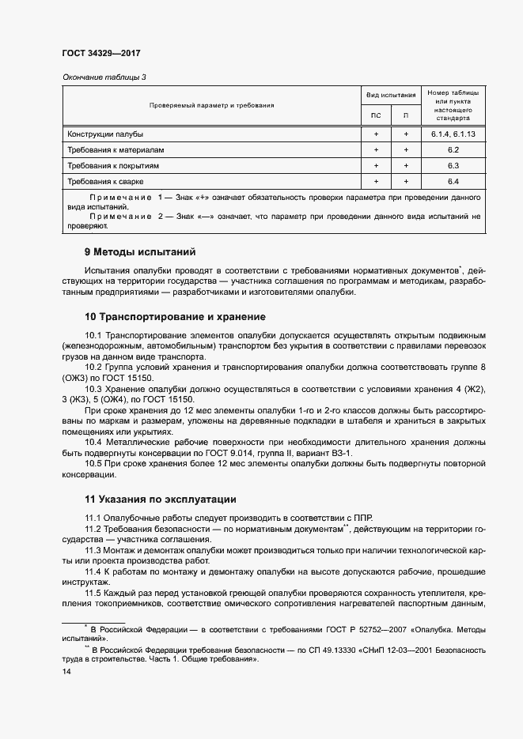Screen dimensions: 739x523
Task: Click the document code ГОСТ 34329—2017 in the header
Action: pyautogui.click(x=100, y=54)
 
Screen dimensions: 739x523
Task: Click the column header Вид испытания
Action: pyautogui.click(x=390, y=94)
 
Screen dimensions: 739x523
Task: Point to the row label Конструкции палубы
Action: pyautogui.click(x=105, y=134)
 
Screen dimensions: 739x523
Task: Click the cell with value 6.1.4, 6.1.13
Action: pyautogui.click(x=453, y=134)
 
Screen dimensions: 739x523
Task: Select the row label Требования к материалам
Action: pyautogui.click(x=116, y=150)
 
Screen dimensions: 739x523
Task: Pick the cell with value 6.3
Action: pyautogui.click(x=453, y=166)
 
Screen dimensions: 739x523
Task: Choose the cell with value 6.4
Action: pyautogui.click(x=453, y=182)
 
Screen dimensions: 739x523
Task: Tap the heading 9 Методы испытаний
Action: pyautogui.click(x=139, y=253)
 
